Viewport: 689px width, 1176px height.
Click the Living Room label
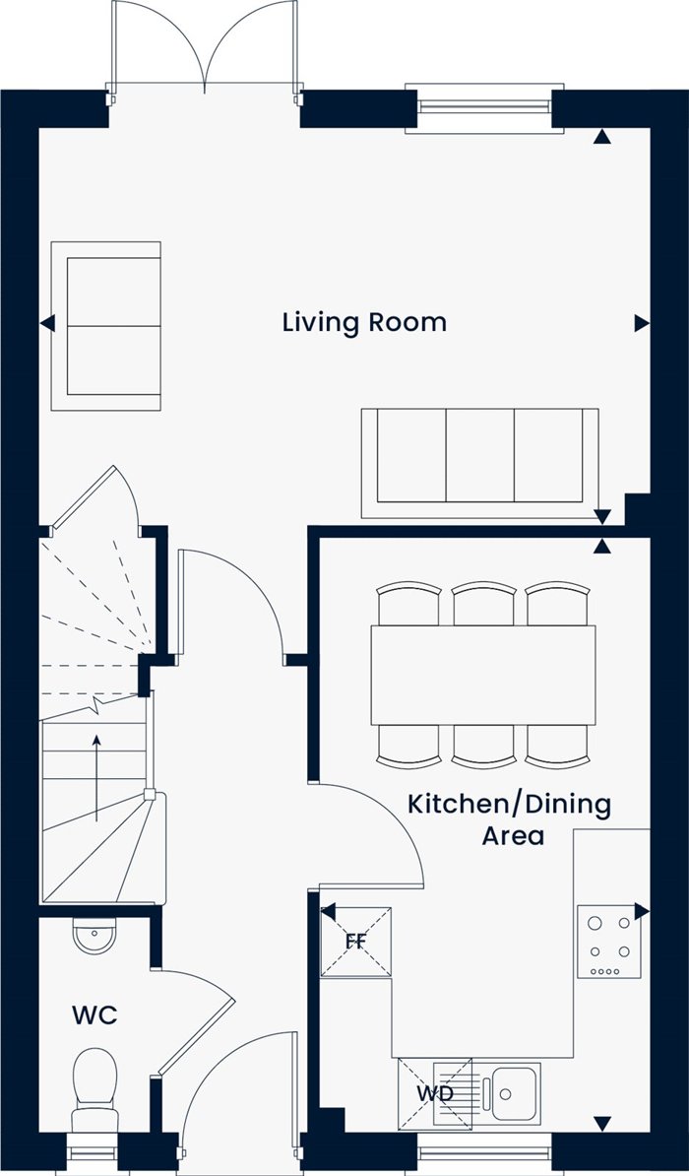(x=364, y=323)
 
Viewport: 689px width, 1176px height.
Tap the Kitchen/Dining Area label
(x=509, y=819)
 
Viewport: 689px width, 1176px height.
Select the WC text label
(x=94, y=1016)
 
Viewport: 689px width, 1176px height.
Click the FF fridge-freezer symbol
(x=356, y=942)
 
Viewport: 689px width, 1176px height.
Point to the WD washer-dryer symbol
(x=435, y=1093)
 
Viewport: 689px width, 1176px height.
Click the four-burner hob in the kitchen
(x=608, y=942)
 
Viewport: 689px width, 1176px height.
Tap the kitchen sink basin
(x=509, y=1092)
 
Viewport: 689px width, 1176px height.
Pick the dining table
(x=483, y=675)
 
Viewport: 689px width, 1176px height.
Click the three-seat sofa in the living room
(x=479, y=463)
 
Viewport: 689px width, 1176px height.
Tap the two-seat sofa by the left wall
(x=105, y=326)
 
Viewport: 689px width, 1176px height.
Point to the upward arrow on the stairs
(x=96, y=778)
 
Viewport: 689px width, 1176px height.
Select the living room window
(x=484, y=108)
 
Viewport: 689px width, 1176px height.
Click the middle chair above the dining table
(x=483, y=604)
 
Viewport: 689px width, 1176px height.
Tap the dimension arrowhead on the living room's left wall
(x=47, y=323)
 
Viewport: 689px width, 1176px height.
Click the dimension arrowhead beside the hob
(x=642, y=911)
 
